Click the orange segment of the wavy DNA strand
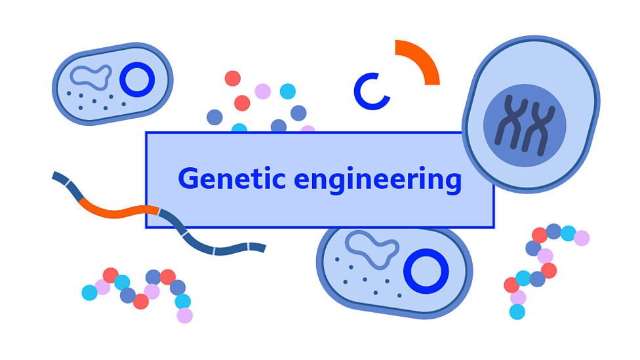click(118, 211)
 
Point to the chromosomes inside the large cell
click(524, 125)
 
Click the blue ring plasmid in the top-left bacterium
click(136, 79)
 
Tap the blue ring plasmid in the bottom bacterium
click(426, 271)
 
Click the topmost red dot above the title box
click(233, 79)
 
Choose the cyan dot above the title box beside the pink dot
click(288, 91)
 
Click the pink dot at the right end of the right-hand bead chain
click(582, 238)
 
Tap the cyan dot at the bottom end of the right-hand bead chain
click(517, 312)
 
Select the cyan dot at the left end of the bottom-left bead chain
click(89, 292)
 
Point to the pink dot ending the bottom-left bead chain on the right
click(185, 315)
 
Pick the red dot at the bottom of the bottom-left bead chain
click(141, 302)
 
